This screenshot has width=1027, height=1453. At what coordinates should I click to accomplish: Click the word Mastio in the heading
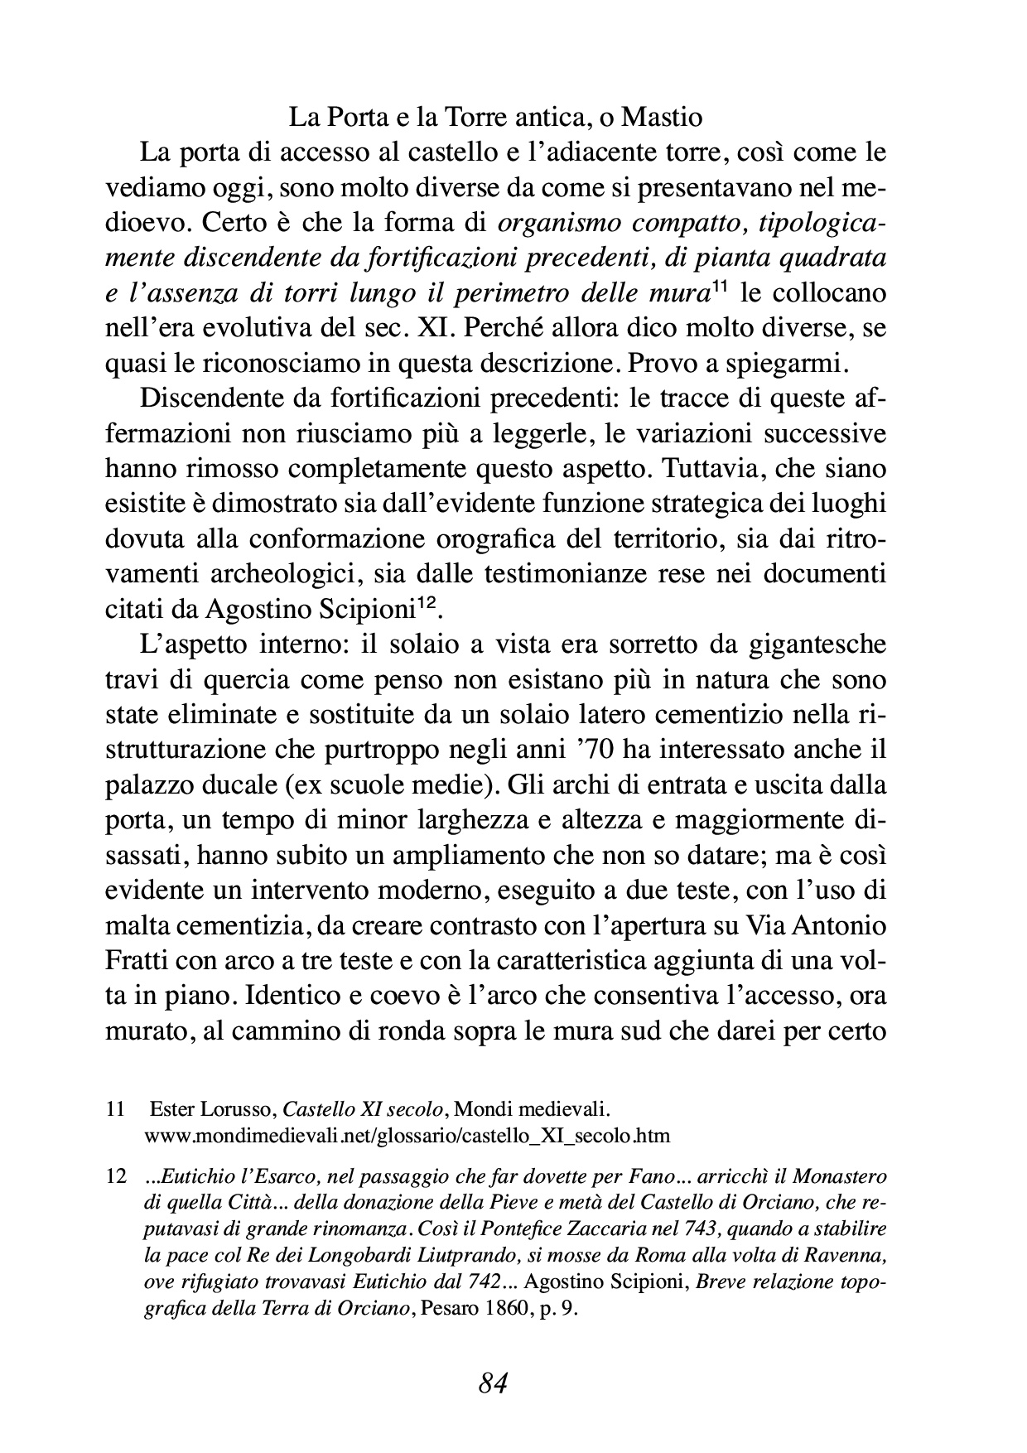[x=662, y=118]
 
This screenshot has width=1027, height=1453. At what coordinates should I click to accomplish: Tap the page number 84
[x=493, y=1383]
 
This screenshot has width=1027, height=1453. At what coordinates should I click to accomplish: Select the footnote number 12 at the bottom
[x=115, y=1176]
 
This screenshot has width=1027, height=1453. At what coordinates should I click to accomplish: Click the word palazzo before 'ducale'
[x=146, y=784]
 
